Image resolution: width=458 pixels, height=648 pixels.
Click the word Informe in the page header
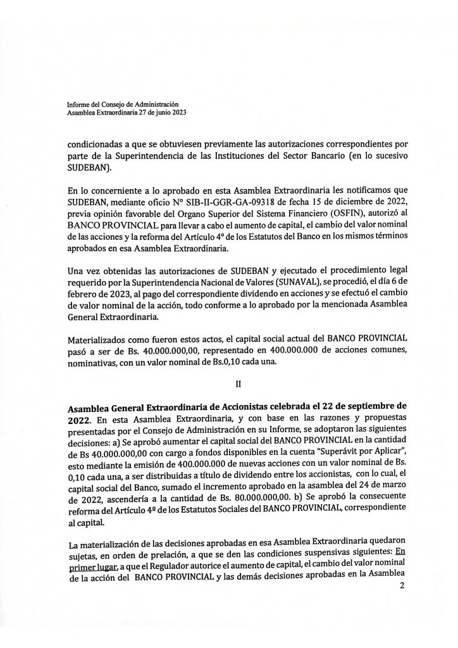click(x=80, y=104)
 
